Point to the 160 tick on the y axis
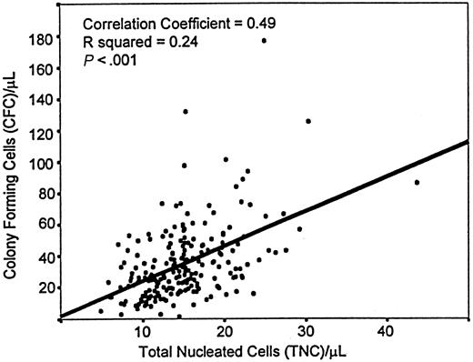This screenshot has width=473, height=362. tap(39, 70)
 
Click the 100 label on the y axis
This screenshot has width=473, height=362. tap(39, 163)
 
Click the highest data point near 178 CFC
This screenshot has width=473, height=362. tap(264, 40)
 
